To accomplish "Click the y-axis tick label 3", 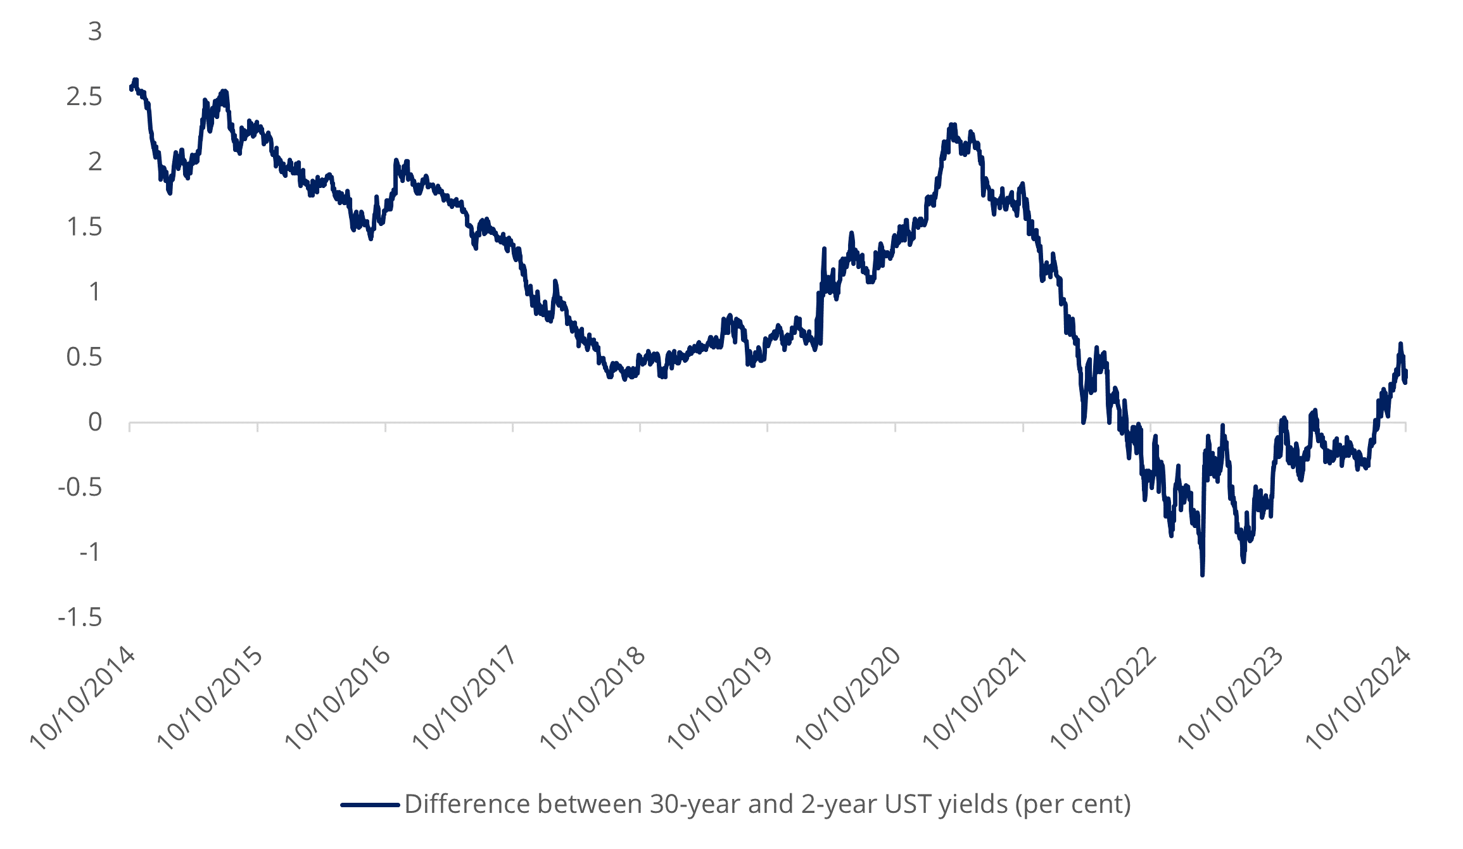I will tap(95, 32).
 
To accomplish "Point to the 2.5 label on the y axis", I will tap(84, 97).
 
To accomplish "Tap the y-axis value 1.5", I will tap(84, 227).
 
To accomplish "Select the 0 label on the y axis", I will tap(95, 422).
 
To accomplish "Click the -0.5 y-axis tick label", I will tap(80, 487).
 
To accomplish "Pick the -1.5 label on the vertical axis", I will tap(80, 617).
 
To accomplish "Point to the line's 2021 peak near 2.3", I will tap(952, 125).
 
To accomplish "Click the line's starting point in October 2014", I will tap(130, 89).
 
